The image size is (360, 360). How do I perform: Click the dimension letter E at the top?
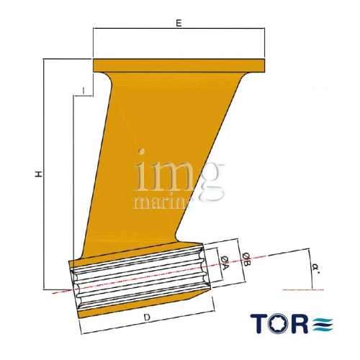178,23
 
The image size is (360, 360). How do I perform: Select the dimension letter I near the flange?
84,90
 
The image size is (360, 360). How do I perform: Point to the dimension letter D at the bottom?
145,317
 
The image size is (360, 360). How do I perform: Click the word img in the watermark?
176,174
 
